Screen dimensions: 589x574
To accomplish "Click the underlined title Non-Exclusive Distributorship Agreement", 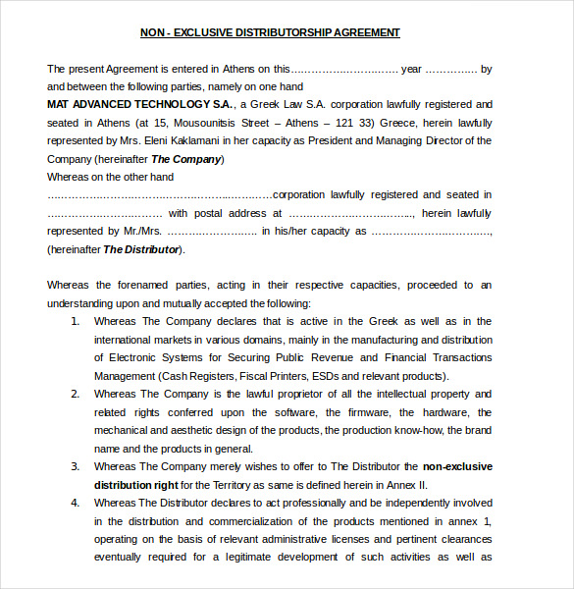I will pos(270,32).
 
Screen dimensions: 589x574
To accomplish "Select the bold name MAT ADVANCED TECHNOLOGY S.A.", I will pos(140,104).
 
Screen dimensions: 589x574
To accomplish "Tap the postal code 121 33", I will pos(353,123).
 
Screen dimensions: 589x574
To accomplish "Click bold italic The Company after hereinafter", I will pos(186,159).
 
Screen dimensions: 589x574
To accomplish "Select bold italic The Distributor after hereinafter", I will pos(141,249).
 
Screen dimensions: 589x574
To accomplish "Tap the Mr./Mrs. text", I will pos(140,232).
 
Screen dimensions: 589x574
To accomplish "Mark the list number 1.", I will pos(76,321).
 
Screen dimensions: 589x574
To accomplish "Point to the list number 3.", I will pos(76,466).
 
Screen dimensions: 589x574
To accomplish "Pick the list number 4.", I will pos(76,503).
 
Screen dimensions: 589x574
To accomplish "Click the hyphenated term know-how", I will pos(412,430).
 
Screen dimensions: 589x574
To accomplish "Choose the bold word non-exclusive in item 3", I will pos(457,466).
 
